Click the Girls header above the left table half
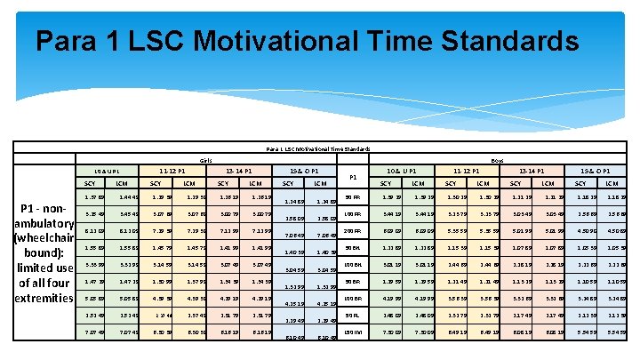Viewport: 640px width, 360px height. click(x=204, y=161)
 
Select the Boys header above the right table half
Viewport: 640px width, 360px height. click(x=496, y=161)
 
